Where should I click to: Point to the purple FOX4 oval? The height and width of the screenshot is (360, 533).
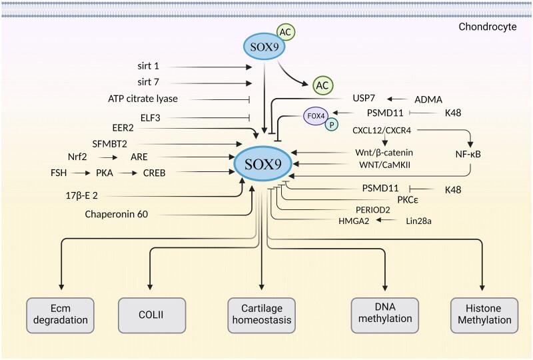(315, 117)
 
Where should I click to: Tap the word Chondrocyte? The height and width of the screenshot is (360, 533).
(492, 28)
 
